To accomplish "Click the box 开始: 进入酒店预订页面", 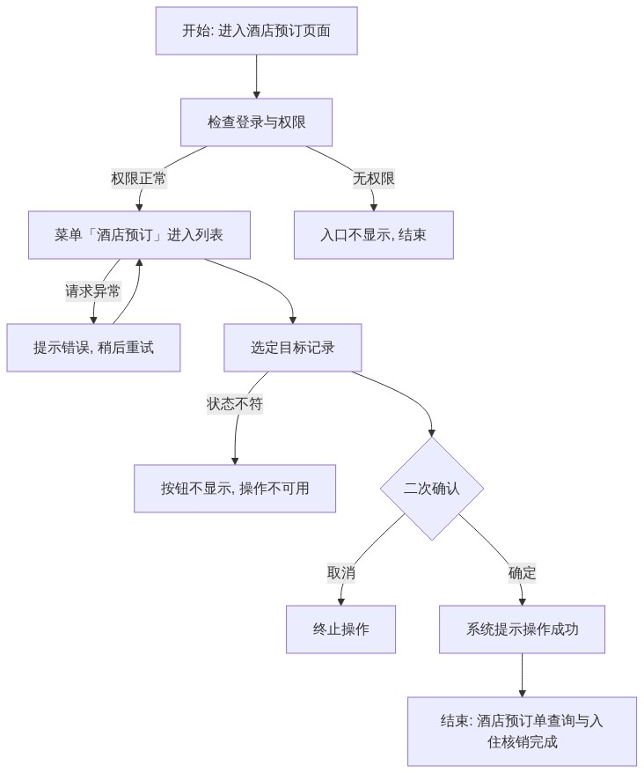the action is click(x=256, y=31).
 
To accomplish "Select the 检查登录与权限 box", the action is click(x=256, y=122).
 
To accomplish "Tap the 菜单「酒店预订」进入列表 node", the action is click(x=139, y=235).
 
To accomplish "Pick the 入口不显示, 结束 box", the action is click(x=374, y=235).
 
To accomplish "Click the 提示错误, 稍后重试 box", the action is click(x=93, y=348).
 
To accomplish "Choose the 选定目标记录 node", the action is click(x=293, y=348).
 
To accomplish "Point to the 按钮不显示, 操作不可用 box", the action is click(x=235, y=489).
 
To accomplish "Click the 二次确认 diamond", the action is click(x=432, y=489).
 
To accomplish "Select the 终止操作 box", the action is click(x=341, y=629).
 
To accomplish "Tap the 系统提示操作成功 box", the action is click(x=522, y=629).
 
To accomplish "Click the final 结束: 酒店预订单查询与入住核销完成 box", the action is click(x=522, y=732).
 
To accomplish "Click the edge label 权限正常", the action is click(x=138, y=179).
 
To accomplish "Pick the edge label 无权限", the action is click(x=374, y=179).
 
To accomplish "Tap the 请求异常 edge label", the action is click(x=93, y=291).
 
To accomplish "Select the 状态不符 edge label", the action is click(x=235, y=404).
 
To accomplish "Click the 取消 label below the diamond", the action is click(x=341, y=573).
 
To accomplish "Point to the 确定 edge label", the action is click(x=522, y=573).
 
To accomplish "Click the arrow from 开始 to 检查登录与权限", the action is click(x=256, y=77).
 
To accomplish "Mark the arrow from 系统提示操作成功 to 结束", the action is click(x=522, y=675).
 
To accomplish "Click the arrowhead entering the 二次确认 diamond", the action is click(x=432, y=433).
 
